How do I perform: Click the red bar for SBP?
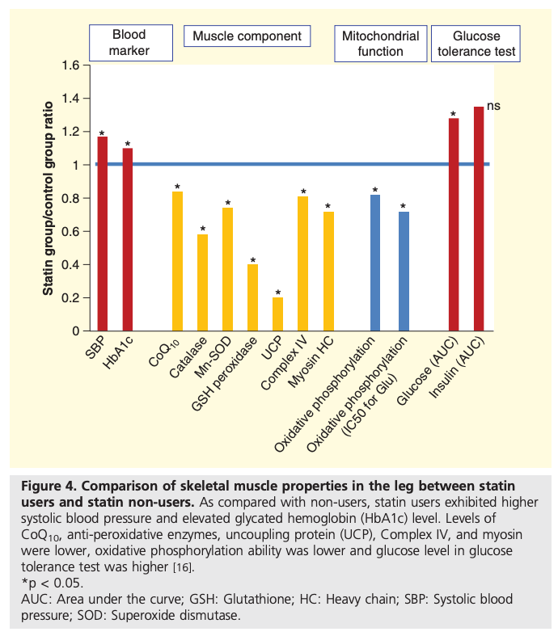[x=102, y=234]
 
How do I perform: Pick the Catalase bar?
[x=202, y=283]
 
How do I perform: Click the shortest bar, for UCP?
[x=277, y=314]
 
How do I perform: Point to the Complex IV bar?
[x=302, y=263]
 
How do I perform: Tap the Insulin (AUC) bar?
[x=478, y=219]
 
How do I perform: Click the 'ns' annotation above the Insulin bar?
[x=494, y=106]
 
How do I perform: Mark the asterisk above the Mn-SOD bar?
[x=228, y=204]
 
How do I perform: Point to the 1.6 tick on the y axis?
[x=71, y=65]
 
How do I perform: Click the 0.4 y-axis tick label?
[x=71, y=264]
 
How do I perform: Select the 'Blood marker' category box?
[x=129, y=44]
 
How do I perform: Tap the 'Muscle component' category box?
[x=247, y=36]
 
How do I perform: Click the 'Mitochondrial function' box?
[x=380, y=44]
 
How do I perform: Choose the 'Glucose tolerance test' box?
[x=476, y=44]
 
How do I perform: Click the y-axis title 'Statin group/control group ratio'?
[x=49, y=198]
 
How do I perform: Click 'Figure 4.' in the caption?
[x=45, y=486]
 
